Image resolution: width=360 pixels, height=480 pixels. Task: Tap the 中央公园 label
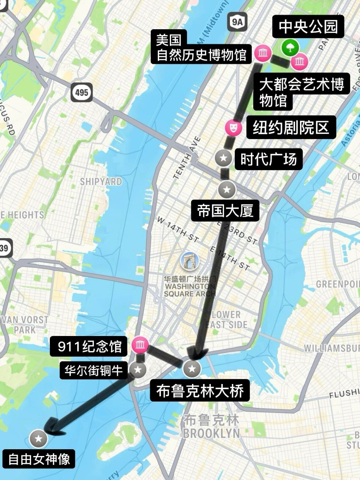pyautogui.click(x=308, y=27)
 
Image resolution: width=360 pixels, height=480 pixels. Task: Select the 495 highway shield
pyautogui.click(x=81, y=91)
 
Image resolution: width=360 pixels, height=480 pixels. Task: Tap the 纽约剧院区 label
pyautogui.click(x=291, y=128)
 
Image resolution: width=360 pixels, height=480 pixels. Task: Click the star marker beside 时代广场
pyautogui.click(x=224, y=158)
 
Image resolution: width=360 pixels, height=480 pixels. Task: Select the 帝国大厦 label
pyautogui.click(x=226, y=211)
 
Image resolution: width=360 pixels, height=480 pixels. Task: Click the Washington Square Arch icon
pyautogui.click(x=189, y=261)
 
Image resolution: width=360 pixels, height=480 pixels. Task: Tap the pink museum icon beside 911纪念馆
pyautogui.click(x=140, y=345)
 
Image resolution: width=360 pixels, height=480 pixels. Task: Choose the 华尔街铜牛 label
pyautogui.click(x=94, y=370)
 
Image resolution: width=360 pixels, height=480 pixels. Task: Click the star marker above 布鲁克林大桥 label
pyautogui.click(x=192, y=369)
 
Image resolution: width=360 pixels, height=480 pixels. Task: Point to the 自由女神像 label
pyautogui.click(x=39, y=459)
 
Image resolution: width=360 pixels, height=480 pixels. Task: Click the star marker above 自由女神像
pyautogui.click(x=38, y=438)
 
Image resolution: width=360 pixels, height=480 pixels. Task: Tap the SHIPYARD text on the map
pyautogui.click(x=101, y=181)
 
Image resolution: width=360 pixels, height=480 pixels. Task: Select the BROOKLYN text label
pyautogui.click(x=211, y=433)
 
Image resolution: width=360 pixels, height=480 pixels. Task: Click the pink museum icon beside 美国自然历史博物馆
pyautogui.click(x=263, y=53)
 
